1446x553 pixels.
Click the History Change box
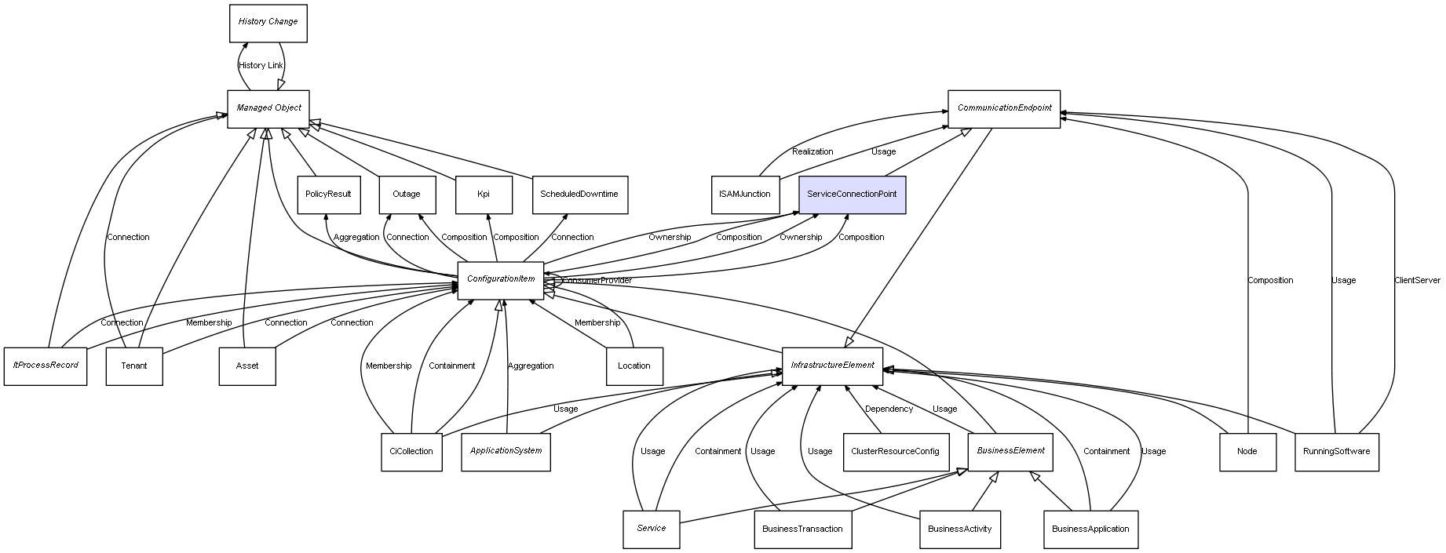pos(268,23)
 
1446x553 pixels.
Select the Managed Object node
pos(268,108)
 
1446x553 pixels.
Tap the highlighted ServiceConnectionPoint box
pos(852,194)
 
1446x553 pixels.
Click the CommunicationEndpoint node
pos(1003,108)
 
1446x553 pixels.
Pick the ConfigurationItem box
pos(501,280)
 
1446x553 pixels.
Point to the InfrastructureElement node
pos(832,366)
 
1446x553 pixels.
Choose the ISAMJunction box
pos(744,194)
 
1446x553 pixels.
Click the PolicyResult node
pos(328,194)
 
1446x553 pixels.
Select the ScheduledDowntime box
pos(579,194)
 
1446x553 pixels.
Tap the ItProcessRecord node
pos(46,366)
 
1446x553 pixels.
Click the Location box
pos(634,366)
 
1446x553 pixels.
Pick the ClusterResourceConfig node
pos(895,452)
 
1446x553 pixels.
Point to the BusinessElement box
pos(1010,451)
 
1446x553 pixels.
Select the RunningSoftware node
pos(1336,452)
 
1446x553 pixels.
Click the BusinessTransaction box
pos(802,529)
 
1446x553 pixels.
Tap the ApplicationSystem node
pos(506,452)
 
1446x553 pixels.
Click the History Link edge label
pos(261,66)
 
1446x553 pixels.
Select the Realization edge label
pos(812,151)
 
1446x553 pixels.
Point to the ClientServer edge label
pos(1417,280)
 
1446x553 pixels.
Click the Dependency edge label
pos(889,409)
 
